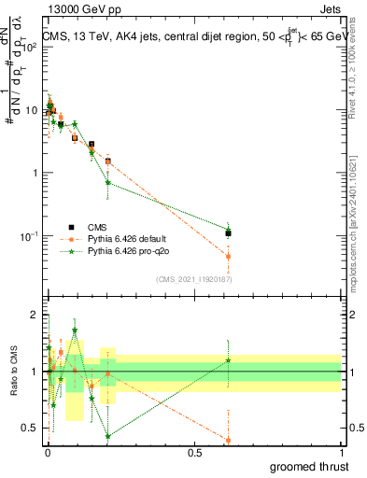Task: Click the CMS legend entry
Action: [98, 226]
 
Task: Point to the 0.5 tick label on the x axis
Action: [194, 453]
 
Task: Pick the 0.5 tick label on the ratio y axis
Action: [30, 429]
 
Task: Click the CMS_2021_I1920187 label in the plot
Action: [194, 279]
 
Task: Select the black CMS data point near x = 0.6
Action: [229, 232]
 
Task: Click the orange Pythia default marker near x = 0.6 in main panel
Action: [229, 256]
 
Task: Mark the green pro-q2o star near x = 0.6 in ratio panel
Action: [229, 360]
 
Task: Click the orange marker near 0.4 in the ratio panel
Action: [229, 440]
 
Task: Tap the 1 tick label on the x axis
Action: [341, 453]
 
